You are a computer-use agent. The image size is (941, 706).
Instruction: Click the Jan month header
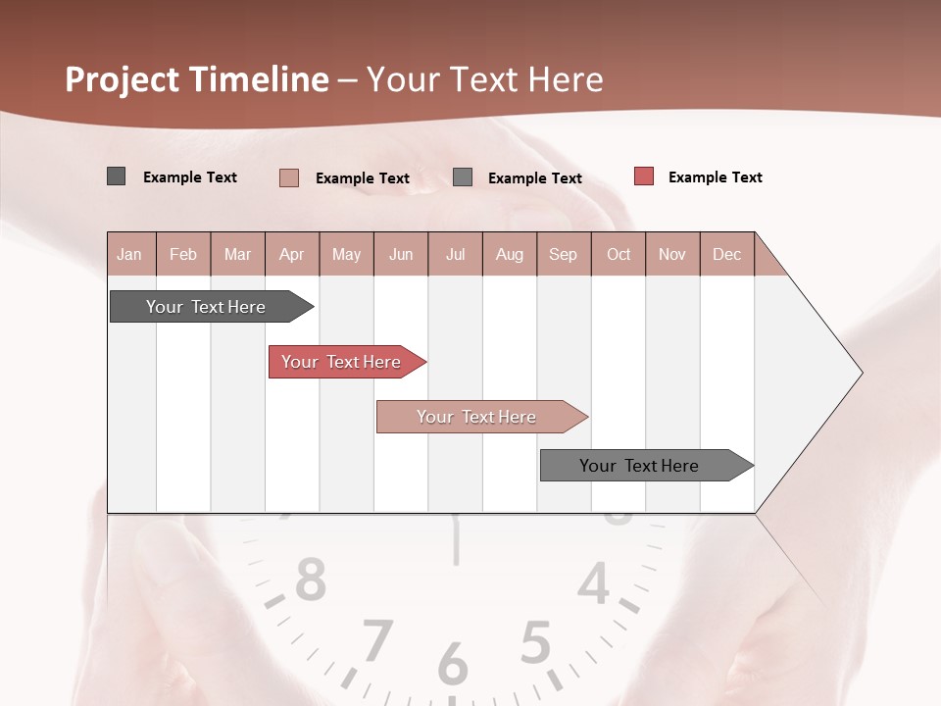(129, 255)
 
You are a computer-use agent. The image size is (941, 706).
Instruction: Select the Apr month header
(292, 255)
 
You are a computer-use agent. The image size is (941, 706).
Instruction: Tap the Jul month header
(455, 255)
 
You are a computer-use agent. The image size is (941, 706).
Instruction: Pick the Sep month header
(563, 255)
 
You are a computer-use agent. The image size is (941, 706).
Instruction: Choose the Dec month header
(726, 255)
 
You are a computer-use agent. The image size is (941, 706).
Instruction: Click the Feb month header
(183, 255)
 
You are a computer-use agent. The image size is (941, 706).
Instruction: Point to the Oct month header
(619, 255)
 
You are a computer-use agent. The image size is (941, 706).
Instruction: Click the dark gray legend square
(117, 176)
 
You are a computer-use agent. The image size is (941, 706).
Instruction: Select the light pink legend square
(288, 177)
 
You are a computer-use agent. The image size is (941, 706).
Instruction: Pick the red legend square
(643, 176)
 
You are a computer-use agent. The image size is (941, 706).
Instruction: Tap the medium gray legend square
(463, 176)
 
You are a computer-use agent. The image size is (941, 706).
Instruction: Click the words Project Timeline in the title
(197, 79)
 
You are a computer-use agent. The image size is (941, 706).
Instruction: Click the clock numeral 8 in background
(311, 580)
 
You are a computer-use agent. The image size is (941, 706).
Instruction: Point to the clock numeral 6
(453, 664)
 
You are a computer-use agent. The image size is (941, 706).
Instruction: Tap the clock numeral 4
(593, 585)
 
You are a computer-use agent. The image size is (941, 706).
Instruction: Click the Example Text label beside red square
(715, 177)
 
